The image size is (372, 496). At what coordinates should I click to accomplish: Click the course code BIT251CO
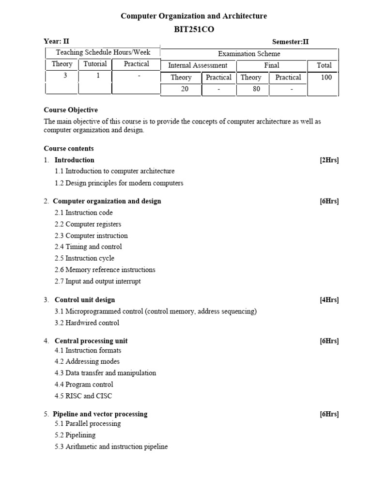193,30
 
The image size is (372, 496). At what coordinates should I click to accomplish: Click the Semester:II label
290,42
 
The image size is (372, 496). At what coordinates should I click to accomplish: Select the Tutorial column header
95,64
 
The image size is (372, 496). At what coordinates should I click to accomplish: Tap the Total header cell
324,65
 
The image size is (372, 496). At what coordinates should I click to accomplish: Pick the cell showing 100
326,77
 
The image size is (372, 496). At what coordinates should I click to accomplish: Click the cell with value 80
256,89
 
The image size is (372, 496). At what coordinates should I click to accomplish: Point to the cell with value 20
185,89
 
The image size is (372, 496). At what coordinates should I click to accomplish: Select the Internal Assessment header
197,65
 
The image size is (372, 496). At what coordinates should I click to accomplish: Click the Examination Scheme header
249,54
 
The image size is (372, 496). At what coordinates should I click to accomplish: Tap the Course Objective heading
71,110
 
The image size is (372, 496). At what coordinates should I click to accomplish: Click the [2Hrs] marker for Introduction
329,160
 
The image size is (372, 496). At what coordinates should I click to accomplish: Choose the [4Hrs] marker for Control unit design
329,300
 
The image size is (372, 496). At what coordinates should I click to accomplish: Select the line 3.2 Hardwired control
87,323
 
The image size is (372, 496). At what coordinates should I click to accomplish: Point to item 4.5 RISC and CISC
83,396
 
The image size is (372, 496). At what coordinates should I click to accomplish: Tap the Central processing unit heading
91,341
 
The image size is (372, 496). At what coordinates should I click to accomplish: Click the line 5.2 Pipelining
75,435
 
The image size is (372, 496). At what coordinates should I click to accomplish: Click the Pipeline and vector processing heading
100,414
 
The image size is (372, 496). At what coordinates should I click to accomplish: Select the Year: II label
57,42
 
